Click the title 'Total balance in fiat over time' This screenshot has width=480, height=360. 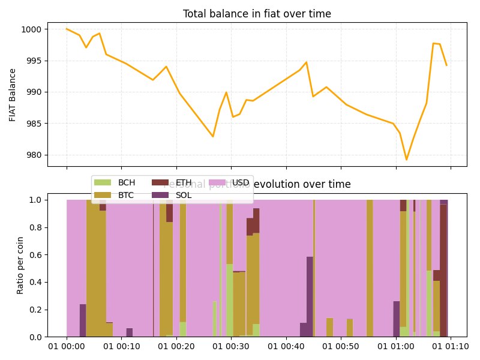257,14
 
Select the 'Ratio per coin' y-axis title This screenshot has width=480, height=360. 20,265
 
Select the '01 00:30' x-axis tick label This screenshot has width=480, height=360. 231,347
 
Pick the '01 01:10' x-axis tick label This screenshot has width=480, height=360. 451,347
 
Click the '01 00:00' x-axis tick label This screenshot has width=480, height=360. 67,347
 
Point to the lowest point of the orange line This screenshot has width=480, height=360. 406,160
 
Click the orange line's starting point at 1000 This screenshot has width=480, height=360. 67,29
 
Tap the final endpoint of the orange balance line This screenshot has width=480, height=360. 446,65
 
